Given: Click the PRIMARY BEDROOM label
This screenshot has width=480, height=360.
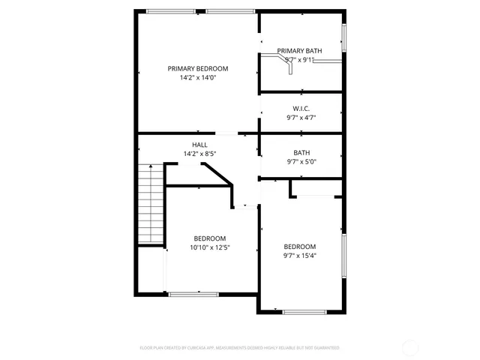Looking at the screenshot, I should point(198,68).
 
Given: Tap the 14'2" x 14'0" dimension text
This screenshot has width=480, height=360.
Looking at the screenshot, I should point(198,77).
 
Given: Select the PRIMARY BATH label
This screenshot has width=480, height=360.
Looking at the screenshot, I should point(300,51).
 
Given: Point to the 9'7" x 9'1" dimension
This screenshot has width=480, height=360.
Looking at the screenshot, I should point(300,60).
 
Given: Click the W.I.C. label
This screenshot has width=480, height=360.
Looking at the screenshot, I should point(301,109).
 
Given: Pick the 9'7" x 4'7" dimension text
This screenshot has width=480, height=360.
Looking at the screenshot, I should point(301,118).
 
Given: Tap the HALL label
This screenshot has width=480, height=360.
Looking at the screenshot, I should point(199,145).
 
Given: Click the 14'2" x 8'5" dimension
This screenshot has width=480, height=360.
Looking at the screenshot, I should point(199,154).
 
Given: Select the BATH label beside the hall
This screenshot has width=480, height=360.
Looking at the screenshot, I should point(301,152).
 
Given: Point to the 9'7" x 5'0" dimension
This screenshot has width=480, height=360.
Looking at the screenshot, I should point(301,161).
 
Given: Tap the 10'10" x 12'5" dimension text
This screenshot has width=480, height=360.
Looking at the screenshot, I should point(210,247).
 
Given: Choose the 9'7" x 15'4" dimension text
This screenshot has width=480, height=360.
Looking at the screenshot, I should point(300,256).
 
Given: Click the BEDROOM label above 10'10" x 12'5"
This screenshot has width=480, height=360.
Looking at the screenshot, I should point(210,238).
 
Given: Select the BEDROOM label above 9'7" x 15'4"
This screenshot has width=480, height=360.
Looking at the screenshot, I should point(300,247).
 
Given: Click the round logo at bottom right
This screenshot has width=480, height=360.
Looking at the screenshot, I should point(411,348).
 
